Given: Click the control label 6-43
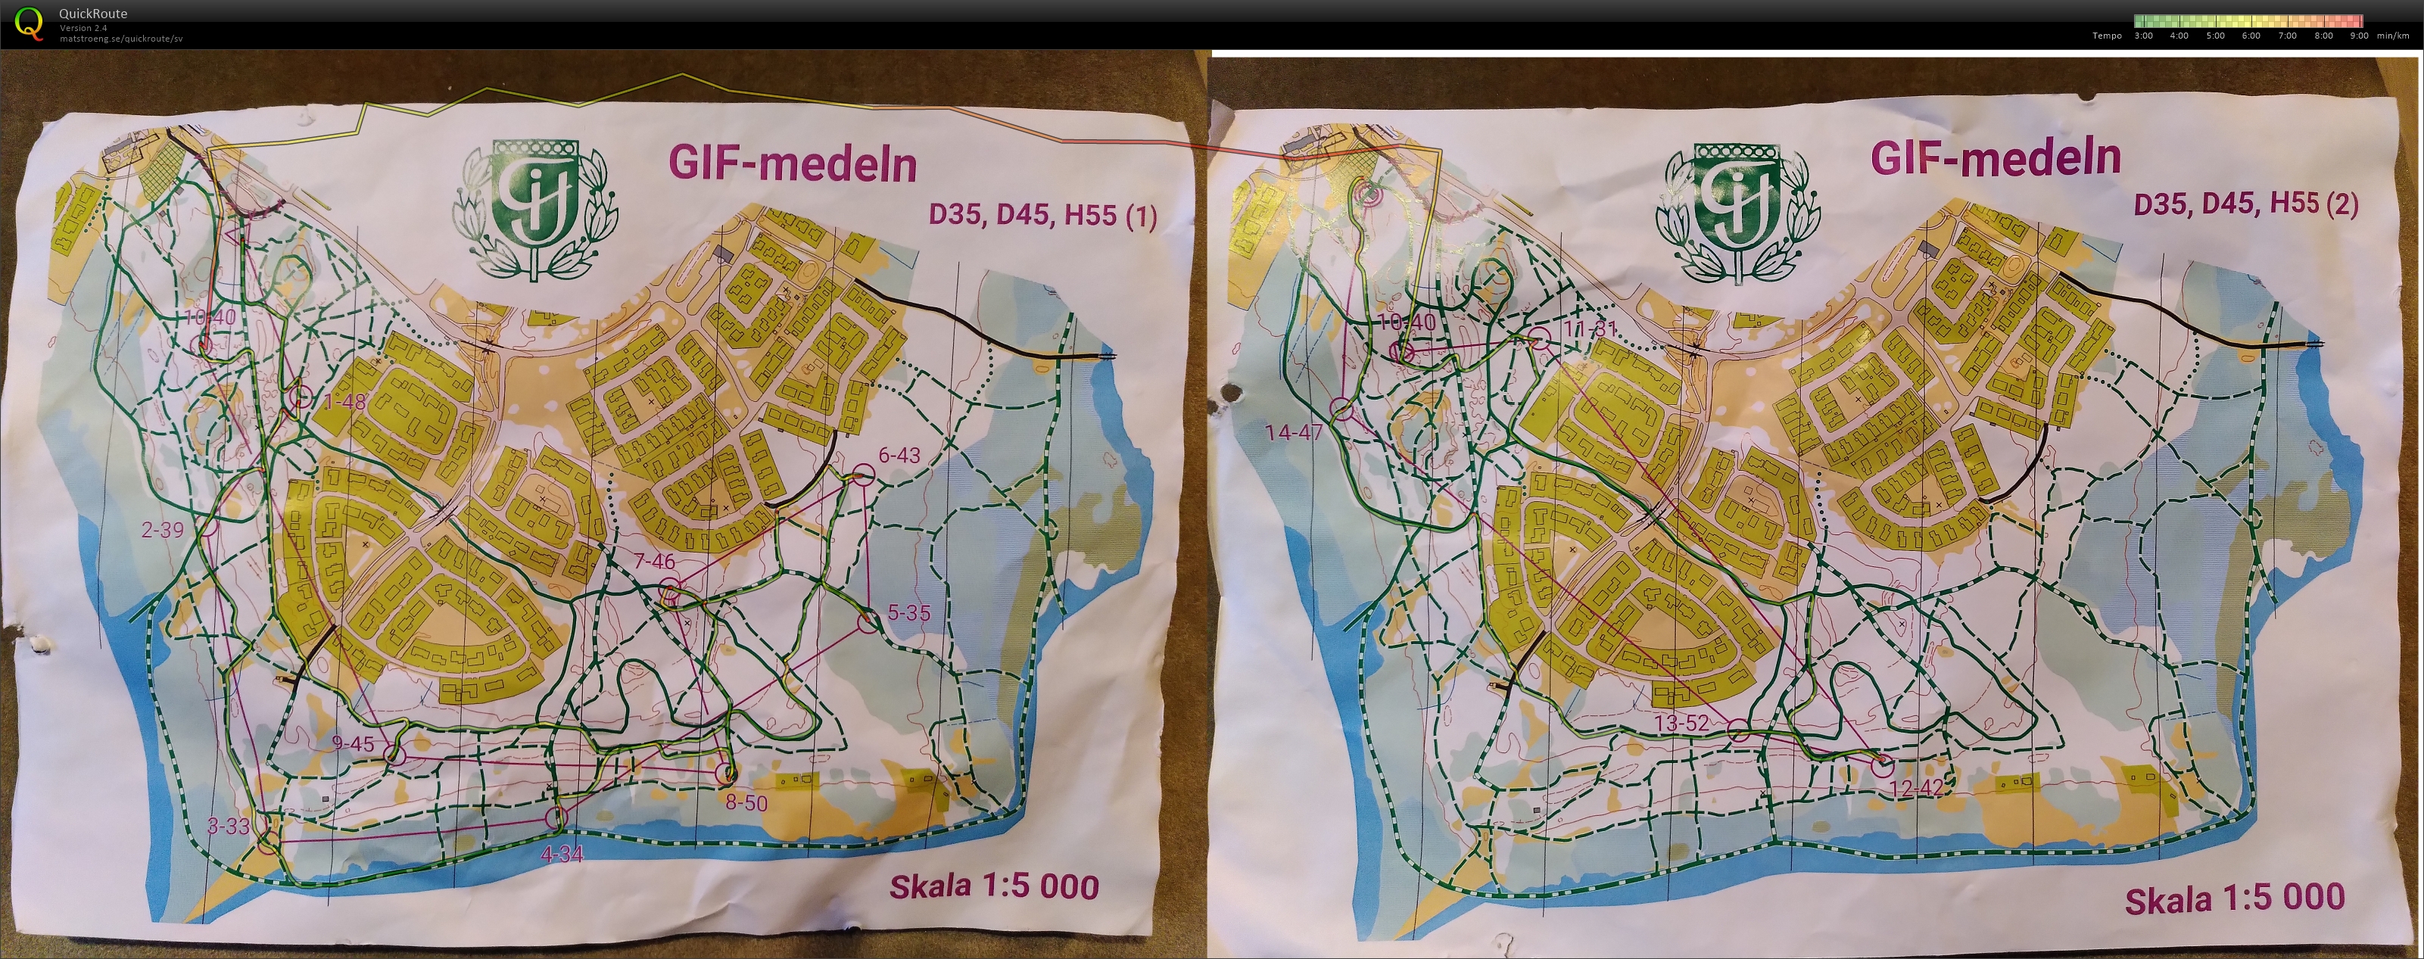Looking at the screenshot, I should pyautogui.click(x=899, y=455).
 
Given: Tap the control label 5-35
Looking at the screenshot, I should pyautogui.click(x=908, y=612).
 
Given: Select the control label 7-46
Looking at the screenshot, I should pyautogui.click(x=653, y=562).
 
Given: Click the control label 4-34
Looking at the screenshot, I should pyautogui.click(x=562, y=854).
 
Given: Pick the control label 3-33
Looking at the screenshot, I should pyautogui.click(x=229, y=827).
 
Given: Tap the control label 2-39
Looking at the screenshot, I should pyautogui.click(x=163, y=530).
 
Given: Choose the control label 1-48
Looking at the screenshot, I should pyautogui.click(x=344, y=402).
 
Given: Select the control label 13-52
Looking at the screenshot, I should pyautogui.click(x=1681, y=724).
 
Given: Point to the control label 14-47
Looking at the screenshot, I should pyautogui.click(x=1294, y=433).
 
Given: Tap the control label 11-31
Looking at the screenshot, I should pyautogui.click(x=1591, y=329).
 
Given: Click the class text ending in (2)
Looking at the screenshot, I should pyautogui.click(x=2246, y=204).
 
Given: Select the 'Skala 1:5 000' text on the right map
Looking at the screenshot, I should pyautogui.click(x=2236, y=898).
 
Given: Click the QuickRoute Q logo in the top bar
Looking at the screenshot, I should pyautogui.click(x=30, y=23).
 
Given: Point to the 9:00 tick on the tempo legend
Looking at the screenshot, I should pyautogui.click(x=2358, y=36).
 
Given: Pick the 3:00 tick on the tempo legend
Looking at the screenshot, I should pyautogui.click(x=2144, y=36).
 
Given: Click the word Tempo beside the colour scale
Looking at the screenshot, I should pyautogui.click(x=2107, y=36).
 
